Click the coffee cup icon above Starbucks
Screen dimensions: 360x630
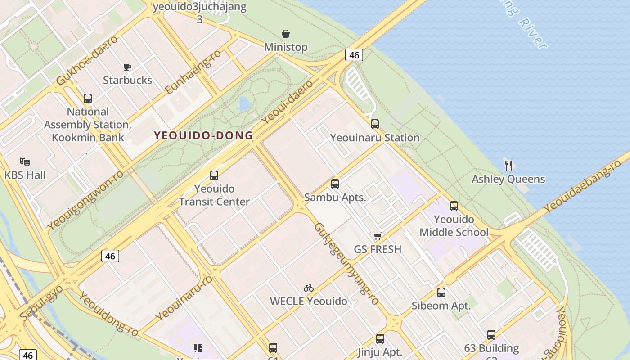pyautogui.click(x=127, y=67)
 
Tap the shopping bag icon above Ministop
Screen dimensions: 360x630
pyautogui.click(x=286, y=34)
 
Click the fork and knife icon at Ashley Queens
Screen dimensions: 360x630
pyautogui.click(x=508, y=165)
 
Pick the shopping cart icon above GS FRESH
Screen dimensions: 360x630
pyautogui.click(x=378, y=236)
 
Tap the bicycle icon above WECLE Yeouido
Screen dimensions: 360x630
pyautogui.click(x=308, y=288)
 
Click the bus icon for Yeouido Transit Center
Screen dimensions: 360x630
pyautogui.click(x=214, y=175)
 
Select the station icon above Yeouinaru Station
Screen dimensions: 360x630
pyautogui.click(x=375, y=124)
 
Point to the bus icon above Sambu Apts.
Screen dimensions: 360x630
pyautogui.click(x=335, y=184)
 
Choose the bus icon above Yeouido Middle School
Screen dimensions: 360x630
pyautogui.click(x=454, y=206)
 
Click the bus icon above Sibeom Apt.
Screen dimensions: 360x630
pyautogui.click(x=441, y=292)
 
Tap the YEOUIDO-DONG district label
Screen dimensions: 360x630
pyautogui.click(x=203, y=135)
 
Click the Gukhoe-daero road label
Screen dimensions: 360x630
pyautogui.click(x=87, y=60)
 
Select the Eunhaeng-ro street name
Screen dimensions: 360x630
pyautogui.click(x=193, y=72)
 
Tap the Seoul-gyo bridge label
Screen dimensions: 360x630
pyautogui.click(x=41, y=302)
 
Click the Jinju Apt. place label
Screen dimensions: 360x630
pyautogui.click(x=380, y=352)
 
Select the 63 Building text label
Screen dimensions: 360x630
pyautogui.click(x=491, y=348)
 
